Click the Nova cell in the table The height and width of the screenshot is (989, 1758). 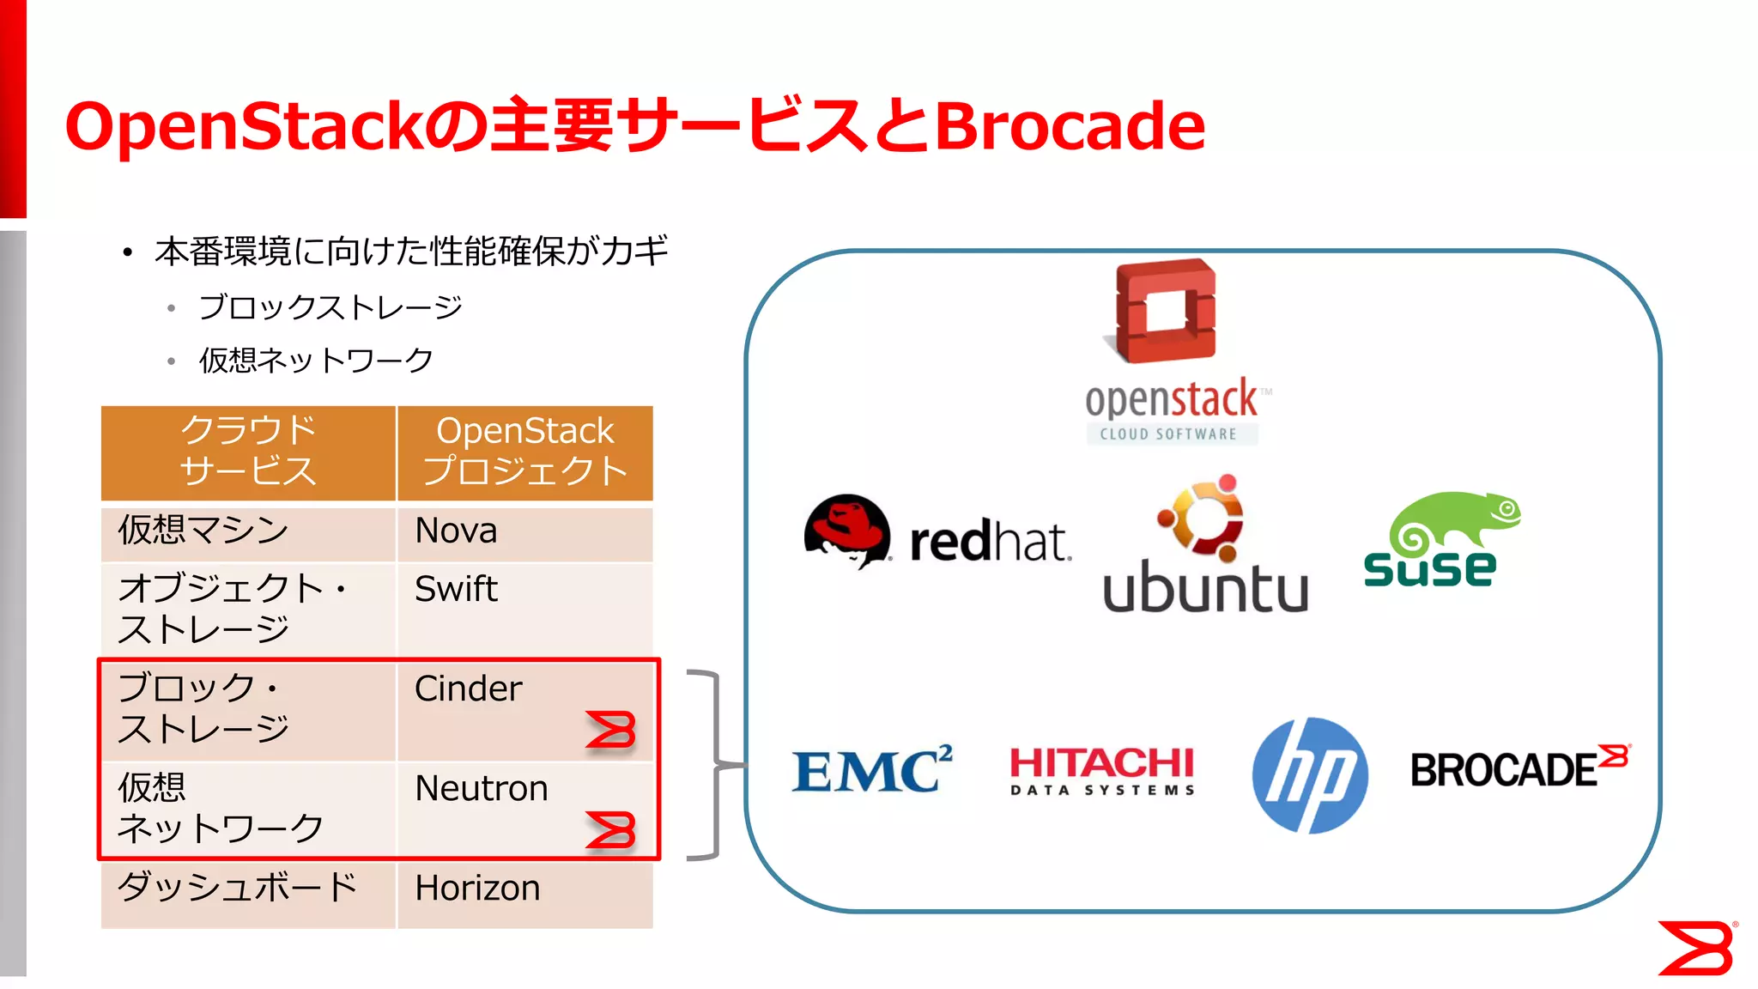(x=524, y=532)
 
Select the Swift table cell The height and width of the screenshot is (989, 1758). (x=524, y=606)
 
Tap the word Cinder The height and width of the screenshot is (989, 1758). (x=468, y=689)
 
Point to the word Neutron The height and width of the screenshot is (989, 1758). (x=481, y=788)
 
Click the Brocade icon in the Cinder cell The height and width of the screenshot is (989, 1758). (x=610, y=731)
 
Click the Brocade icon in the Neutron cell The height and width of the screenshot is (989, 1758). (x=610, y=830)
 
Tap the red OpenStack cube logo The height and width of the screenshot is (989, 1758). (x=1166, y=311)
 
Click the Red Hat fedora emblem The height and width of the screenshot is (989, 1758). (x=846, y=529)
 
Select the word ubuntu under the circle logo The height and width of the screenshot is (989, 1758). (x=1205, y=587)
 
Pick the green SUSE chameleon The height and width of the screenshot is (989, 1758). (x=1455, y=519)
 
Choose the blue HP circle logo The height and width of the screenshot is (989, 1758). (x=1309, y=775)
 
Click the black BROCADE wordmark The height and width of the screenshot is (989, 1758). (x=1503, y=770)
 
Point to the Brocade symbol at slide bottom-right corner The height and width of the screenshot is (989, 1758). (x=1695, y=948)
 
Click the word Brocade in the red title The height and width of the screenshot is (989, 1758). (x=1069, y=126)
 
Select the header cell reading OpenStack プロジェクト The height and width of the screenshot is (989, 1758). (x=524, y=452)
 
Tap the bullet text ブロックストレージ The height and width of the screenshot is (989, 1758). (x=330, y=306)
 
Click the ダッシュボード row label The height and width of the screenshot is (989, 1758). (x=237, y=888)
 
